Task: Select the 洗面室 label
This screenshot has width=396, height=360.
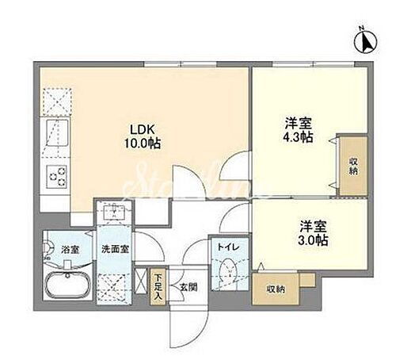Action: [112, 250]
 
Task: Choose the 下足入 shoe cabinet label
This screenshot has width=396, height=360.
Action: [158, 285]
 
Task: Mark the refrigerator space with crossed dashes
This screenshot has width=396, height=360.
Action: [53, 101]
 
